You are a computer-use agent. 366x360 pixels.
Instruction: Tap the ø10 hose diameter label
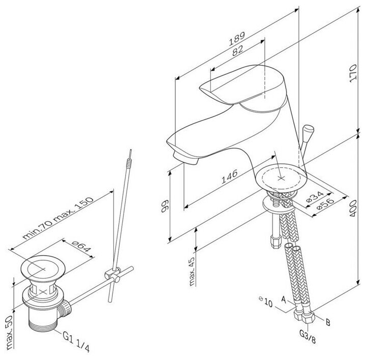(x=267, y=303)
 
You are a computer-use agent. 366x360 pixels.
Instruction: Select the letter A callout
(x=284, y=301)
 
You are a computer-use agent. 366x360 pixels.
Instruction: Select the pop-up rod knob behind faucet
(x=308, y=133)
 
